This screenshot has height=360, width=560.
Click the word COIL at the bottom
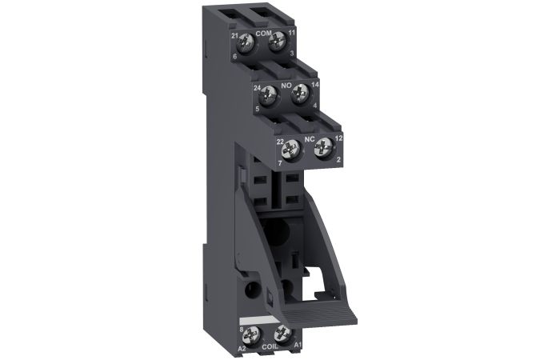(270, 348)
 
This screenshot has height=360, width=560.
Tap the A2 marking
(242, 348)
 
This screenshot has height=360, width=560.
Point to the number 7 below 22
(281, 162)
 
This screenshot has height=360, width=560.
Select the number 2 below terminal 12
(339, 161)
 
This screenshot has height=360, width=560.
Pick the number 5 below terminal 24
(258, 110)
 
